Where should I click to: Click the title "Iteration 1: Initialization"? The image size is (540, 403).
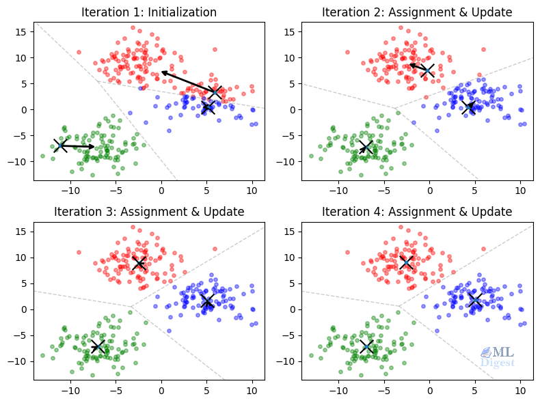(x=149, y=12)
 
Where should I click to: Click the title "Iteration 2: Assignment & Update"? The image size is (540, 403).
(x=417, y=12)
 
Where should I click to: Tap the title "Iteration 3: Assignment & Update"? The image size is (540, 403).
(x=149, y=211)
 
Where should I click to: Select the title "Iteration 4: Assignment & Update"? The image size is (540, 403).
(x=417, y=211)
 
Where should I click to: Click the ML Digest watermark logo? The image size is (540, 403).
(x=498, y=357)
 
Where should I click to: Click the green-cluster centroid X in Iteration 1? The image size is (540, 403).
(x=61, y=145)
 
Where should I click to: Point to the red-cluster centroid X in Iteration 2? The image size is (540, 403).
(x=429, y=70)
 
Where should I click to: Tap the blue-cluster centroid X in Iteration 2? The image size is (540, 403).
(x=468, y=107)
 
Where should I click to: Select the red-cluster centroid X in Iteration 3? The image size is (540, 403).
(x=139, y=264)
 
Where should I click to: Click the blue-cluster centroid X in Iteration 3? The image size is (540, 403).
(x=207, y=301)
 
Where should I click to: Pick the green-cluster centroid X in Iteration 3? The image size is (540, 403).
(x=98, y=346)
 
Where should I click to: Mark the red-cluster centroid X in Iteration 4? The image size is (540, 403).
(x=407, y=262)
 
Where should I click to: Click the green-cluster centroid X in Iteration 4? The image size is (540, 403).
(x=366, y=346)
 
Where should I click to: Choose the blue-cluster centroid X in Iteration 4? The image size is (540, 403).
(x=475, y=300)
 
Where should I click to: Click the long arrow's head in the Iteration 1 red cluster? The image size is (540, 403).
(x=163, y=72)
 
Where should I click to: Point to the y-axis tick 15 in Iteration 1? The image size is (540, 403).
(x=21, y=31)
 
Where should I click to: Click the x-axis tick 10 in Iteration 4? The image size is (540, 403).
(x=520, y=389)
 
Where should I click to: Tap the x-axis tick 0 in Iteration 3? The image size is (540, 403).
(x=161, y=389)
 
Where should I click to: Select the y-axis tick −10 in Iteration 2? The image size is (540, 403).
(x=286, y=161)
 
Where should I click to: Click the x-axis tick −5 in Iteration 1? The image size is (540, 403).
(x=116, y=189)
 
